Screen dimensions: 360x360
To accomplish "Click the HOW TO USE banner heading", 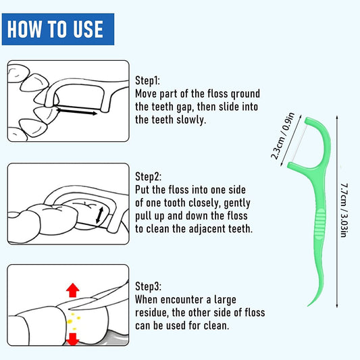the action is pyautogui.click(x=55, y=29).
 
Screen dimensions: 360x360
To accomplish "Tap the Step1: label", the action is pyautogui.click(x=147, y=80).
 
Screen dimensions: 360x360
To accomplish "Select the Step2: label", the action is pyautogui.click(x=148, y=176).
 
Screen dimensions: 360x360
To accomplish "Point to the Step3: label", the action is pyautogui.click(x=148, y=286).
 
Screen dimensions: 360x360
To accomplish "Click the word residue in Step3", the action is pyautogui.click(x=151, y=313).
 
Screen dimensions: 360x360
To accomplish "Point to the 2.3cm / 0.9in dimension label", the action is pyautogui.click(x=282, y=136).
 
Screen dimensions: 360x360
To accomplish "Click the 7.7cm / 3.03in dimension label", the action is pyautogui.click(x=344, y=210).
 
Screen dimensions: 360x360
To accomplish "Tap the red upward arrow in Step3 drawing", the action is pyautogui.click(x=73, y=290).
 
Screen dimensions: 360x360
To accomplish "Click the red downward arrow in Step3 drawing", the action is pyautogui.click(x=73, y=339).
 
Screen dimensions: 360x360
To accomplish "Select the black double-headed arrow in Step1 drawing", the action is pyautogui.click(x=77, y=111).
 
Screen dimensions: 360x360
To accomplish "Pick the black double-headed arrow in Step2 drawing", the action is pyautogui.click(x=100, y=215).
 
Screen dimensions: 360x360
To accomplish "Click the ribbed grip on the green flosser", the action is pyautogui.click(x=320, y=224).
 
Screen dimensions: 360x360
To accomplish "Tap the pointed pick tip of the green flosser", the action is pyautogui.click(x=308, y=305).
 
